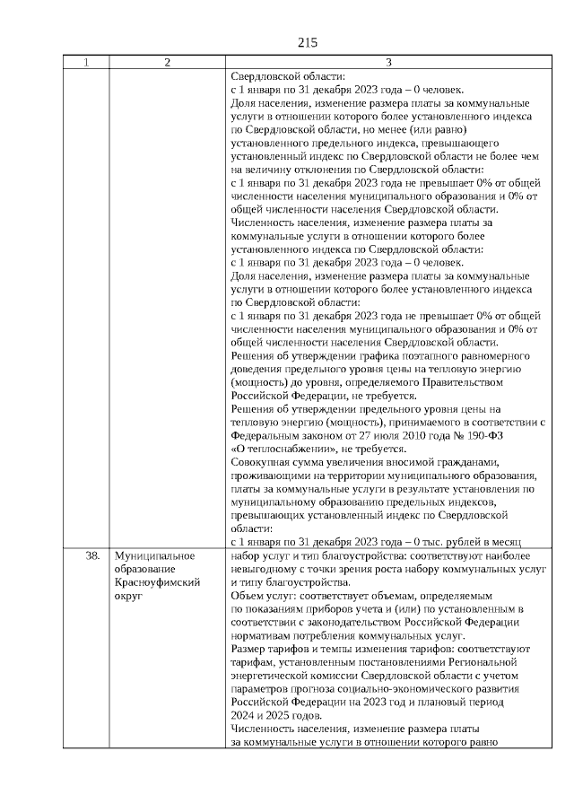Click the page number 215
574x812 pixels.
(307, 42)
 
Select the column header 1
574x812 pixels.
(86, 62)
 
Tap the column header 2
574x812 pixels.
(167, 62)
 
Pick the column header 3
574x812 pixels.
(387, 62)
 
